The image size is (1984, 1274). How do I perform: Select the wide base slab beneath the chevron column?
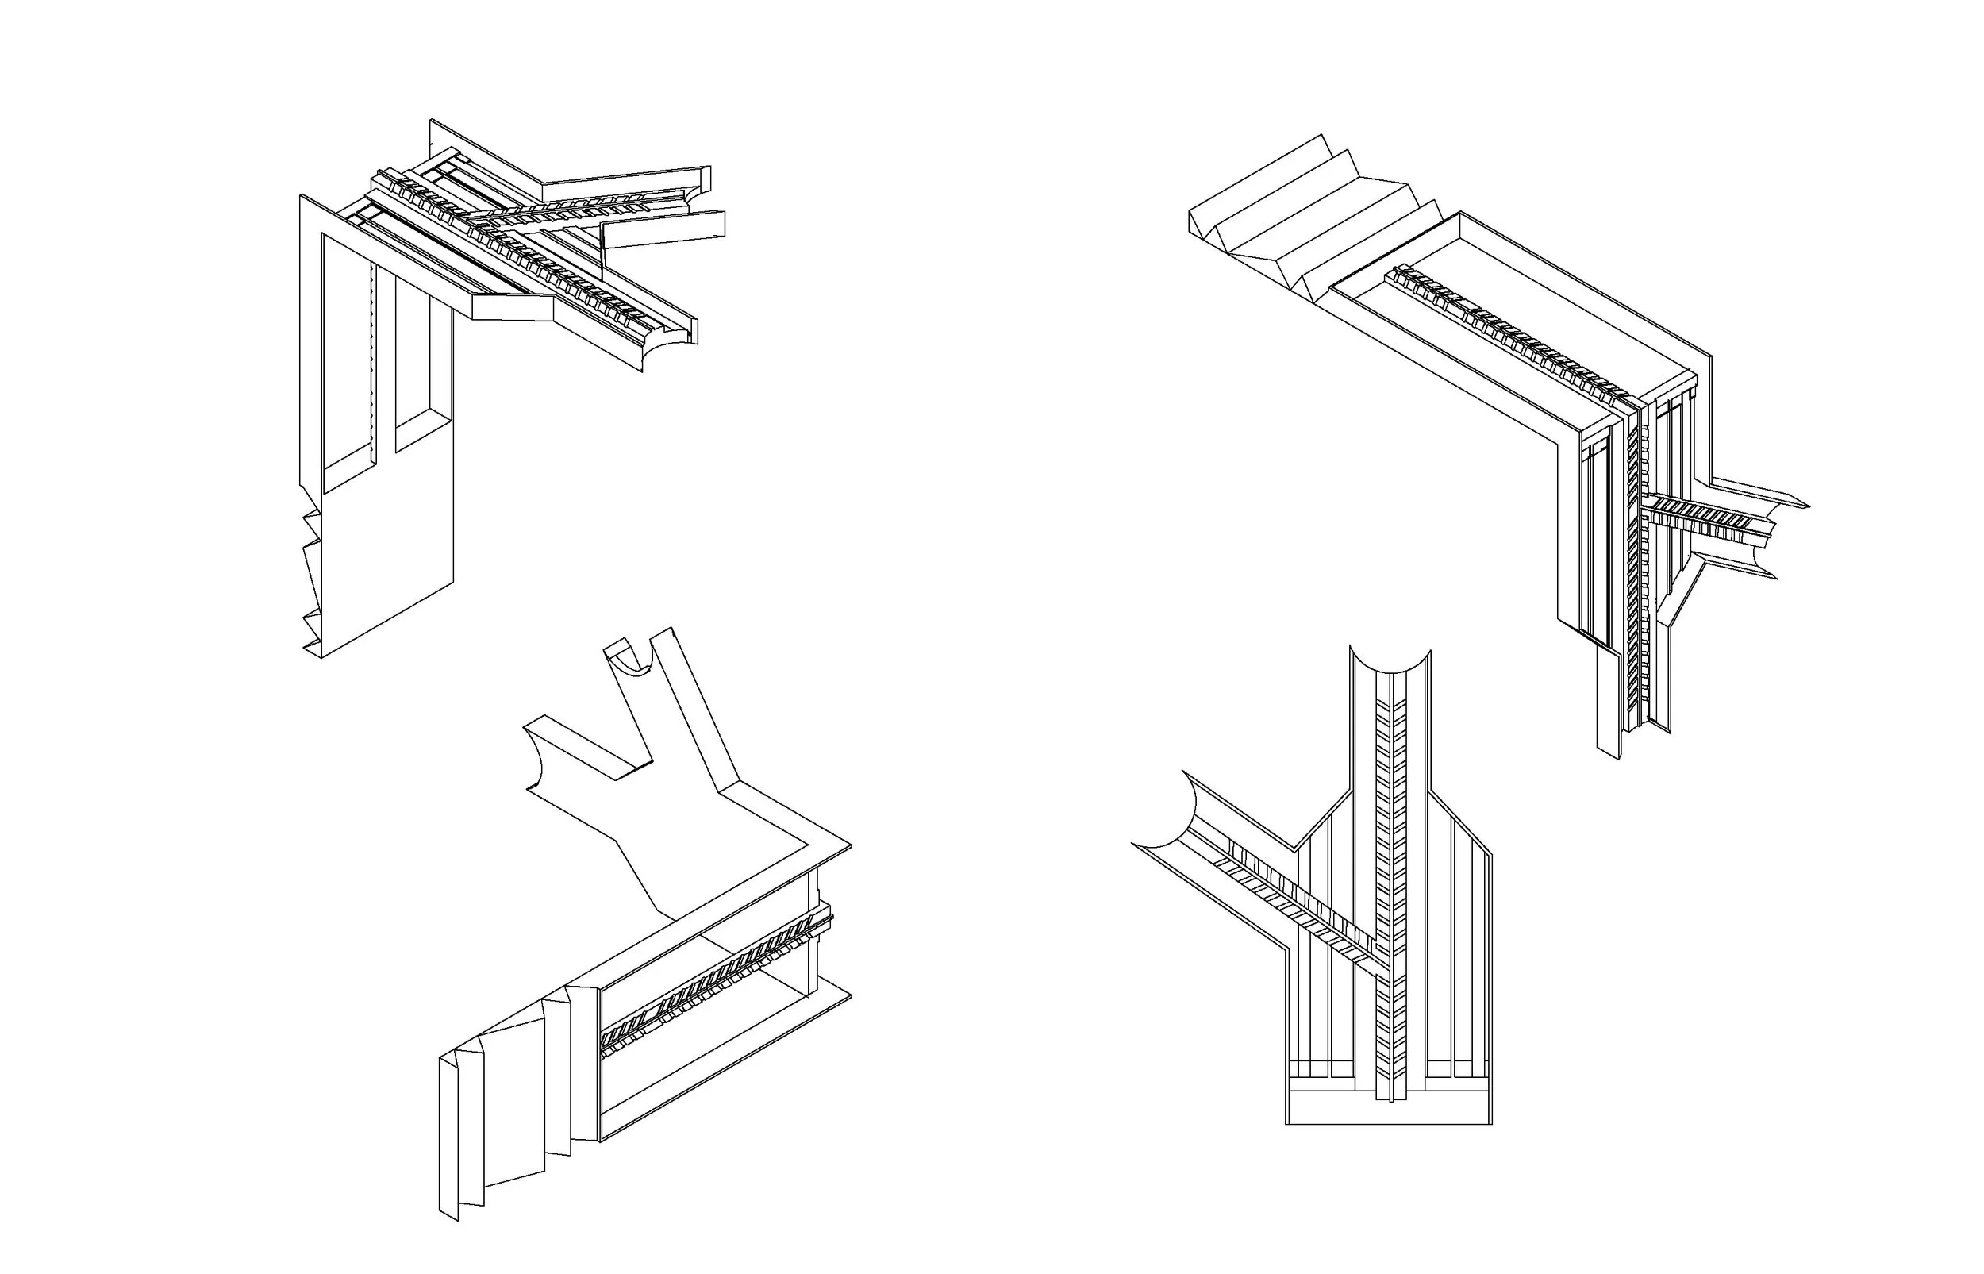[x=1389, y=1110]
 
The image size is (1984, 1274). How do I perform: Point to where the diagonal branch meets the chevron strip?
[x=1379, y=964]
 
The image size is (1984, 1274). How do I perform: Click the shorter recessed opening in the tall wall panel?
[x=424, y=364]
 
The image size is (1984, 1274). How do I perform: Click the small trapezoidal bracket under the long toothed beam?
[x=513, y=306]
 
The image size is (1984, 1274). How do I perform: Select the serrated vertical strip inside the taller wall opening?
[x=375, y=364]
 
